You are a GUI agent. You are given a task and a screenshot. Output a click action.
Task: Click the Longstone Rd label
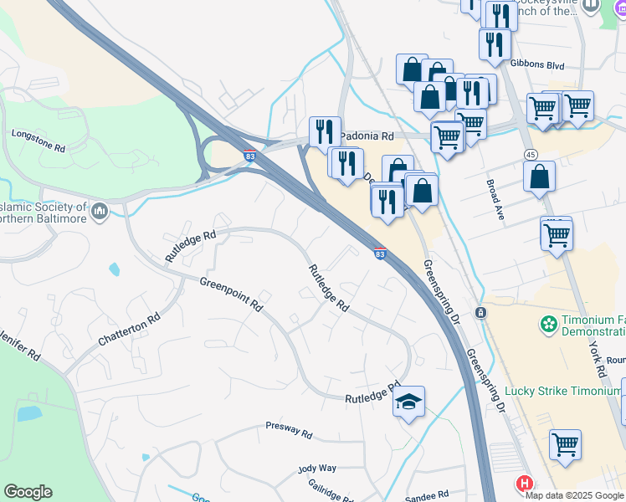click(x=38, y=140)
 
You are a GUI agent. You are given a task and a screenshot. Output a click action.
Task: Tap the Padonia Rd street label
click(x=366, y=136)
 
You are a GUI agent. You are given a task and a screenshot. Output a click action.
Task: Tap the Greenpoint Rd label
click(x=231, y=295)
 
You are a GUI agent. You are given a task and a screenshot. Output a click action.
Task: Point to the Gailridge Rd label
click(x=333, y=488)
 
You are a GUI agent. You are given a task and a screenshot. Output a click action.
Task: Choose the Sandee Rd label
click(x=426, y=495)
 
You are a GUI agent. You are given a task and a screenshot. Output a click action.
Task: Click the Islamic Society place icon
click(x=100, y=211)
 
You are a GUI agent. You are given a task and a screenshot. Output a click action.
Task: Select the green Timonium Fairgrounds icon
click(x=548, y=322)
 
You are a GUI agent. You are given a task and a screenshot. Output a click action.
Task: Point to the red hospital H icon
click(x=524, y=484)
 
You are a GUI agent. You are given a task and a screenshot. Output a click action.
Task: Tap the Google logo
click(x=28, y=492)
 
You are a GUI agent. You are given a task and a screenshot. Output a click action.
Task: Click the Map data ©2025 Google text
click(x=575, y=494)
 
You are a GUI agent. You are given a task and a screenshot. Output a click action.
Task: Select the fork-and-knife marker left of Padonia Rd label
click(x=325, y=131)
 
